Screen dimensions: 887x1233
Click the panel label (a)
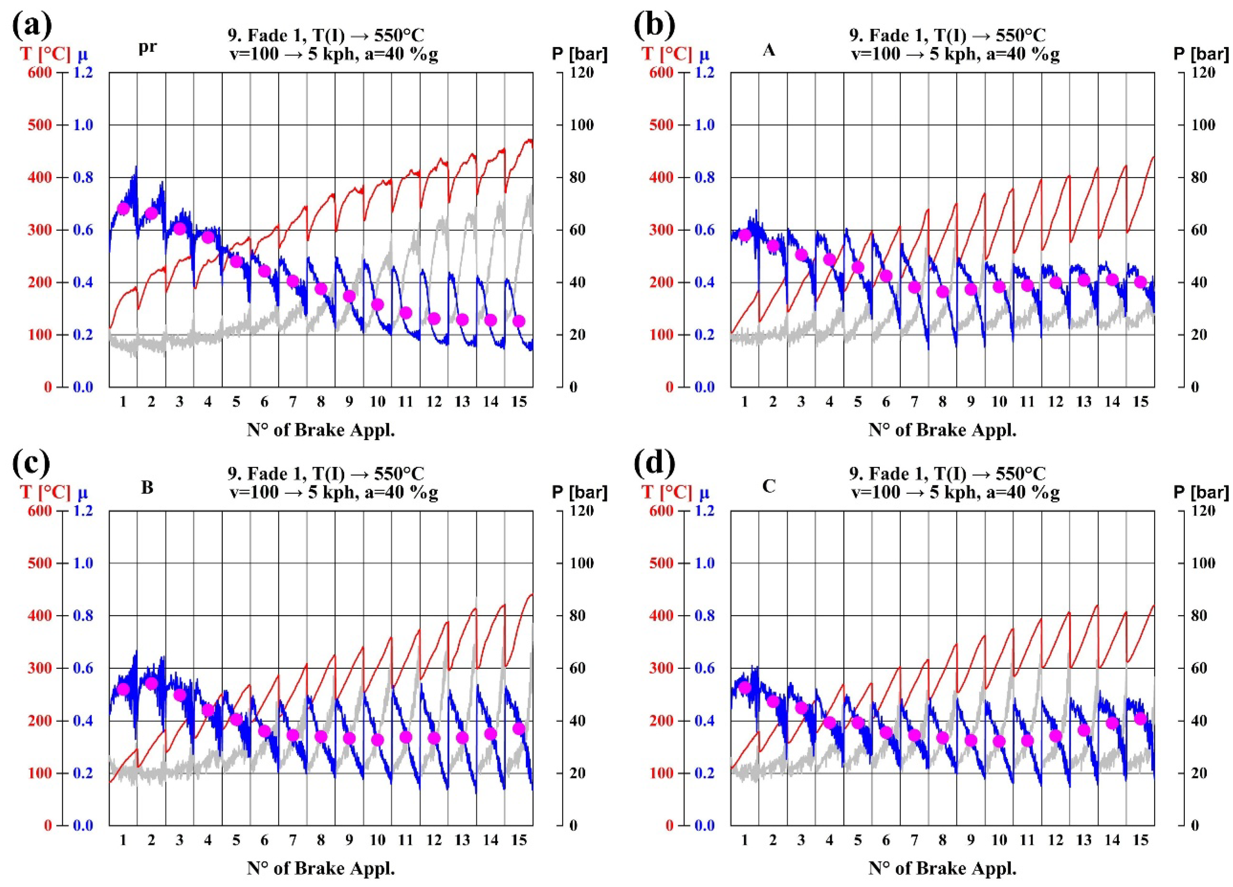coord(33,25)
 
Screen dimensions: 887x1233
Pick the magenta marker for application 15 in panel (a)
coord(519,321)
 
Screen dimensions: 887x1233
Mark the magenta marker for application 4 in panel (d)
coord(829,722)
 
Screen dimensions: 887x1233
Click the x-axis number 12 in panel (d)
coord(1055,841)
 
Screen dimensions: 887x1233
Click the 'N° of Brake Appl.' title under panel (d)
coord(942,869)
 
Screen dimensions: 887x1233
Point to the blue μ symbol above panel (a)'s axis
coord(83,54)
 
